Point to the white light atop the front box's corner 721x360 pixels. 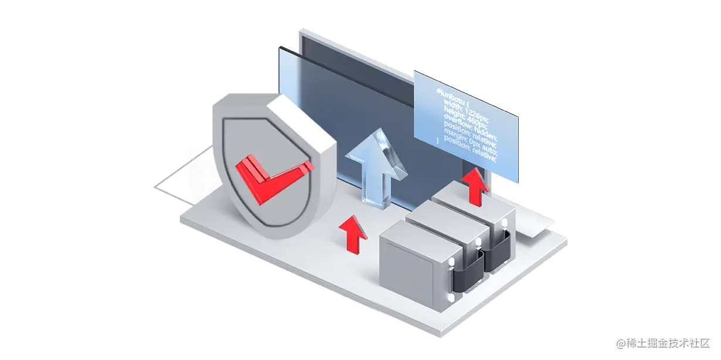(x=451, y=260)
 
